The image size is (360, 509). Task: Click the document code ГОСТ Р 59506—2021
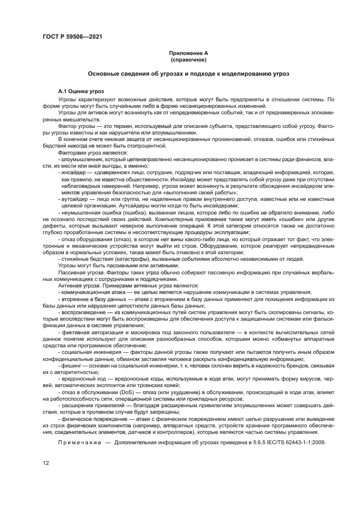[72, 36]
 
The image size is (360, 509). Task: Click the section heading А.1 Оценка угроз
[81, 91]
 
